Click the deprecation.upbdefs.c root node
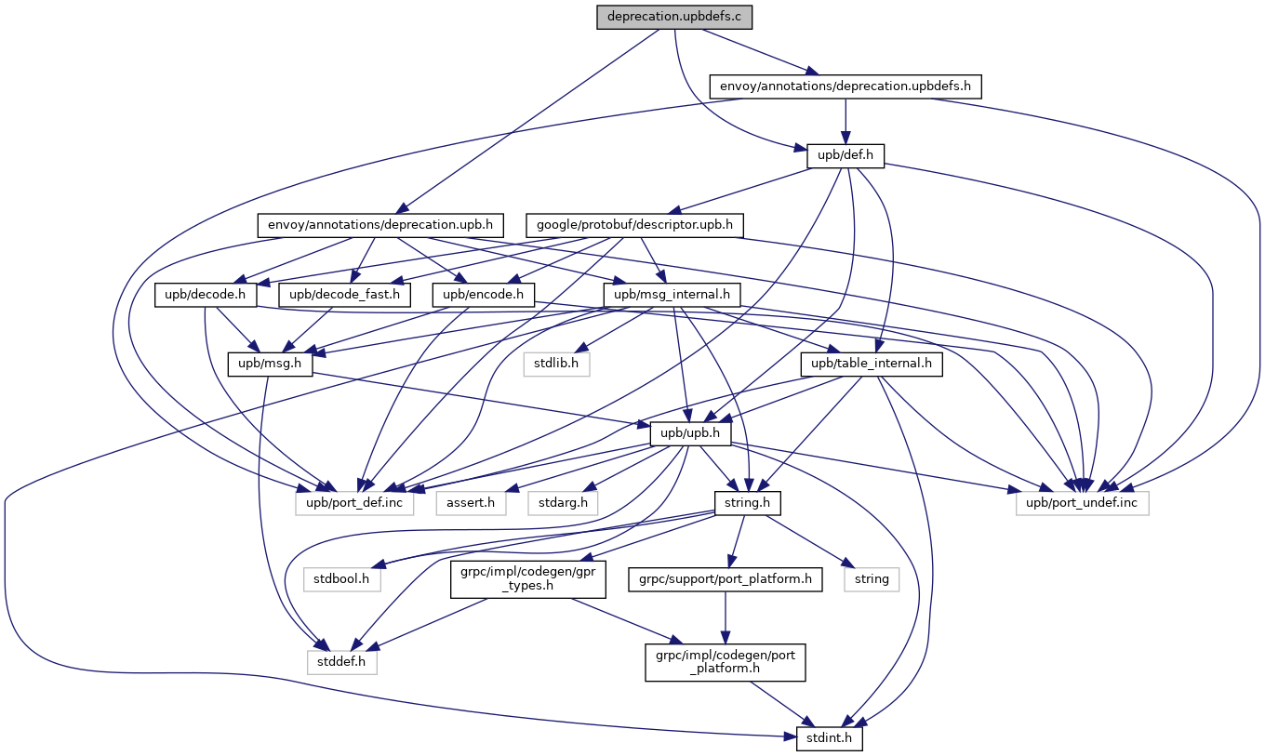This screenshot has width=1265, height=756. [x=674, y=17]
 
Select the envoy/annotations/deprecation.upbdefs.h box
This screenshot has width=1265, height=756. [x=846, y=86]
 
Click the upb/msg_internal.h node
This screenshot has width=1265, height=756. [x=672, y=295]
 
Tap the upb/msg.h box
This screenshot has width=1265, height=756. [x=271, y=364]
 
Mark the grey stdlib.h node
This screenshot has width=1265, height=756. [x=555, y=364]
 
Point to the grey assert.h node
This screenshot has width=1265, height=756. [x=472, y=503]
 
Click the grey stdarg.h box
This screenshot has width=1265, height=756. [x=563, y=503]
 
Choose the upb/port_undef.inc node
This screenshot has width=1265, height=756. [x=1082, y=503]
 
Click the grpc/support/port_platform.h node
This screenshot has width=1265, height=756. [x=725, y=579]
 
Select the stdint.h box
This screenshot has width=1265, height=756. [x=830, y=739]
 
